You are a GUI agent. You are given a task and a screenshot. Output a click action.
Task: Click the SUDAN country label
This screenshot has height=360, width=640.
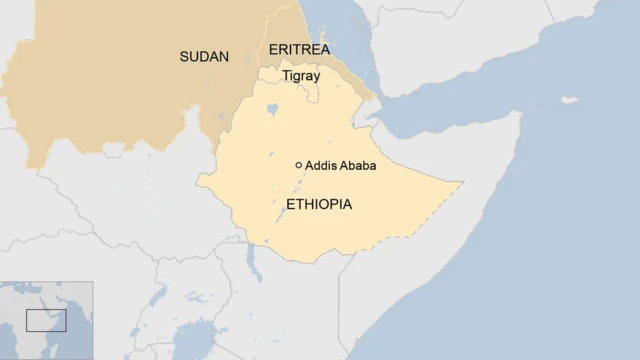[x=204, y=56]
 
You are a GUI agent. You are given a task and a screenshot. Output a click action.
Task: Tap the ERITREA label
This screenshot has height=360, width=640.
[x=299, y=49]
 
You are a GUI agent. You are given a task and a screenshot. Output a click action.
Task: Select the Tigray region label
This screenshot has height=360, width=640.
[x=300, y=76]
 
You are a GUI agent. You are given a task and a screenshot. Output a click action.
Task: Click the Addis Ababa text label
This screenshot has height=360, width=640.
[x=340, y=165]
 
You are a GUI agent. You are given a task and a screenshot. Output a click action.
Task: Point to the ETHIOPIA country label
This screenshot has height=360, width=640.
[x=319, y=204]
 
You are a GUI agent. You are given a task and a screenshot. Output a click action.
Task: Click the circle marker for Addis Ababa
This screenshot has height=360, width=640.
[x=298, y=165]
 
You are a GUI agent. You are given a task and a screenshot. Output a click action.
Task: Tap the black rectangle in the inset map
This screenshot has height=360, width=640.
[x=46, y=320]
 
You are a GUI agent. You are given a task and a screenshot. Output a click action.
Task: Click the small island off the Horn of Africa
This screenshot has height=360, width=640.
[x=569, y=100]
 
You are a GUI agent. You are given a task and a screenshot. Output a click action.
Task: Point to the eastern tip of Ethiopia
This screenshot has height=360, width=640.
[x=461, y=183]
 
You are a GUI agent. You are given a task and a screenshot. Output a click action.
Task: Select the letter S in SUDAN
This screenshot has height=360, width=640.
[x=184, y=56]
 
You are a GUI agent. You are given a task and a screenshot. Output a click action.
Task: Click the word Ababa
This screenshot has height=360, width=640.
[x=357, y=165]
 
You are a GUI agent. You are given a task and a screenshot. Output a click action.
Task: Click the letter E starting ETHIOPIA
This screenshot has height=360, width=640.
[x=291, y=204]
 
